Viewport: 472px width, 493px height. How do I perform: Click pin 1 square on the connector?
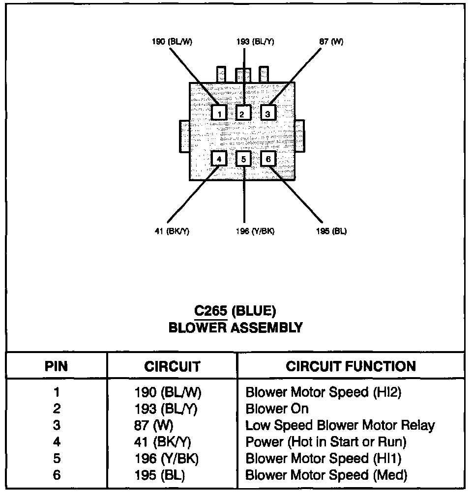pos(219,114)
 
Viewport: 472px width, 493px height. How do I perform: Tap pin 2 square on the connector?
pos(243,114)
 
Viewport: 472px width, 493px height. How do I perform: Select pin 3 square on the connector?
pos(268,114)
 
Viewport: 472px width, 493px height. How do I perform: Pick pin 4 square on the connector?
pos(219,159)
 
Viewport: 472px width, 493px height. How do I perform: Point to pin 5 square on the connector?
pos(244,159)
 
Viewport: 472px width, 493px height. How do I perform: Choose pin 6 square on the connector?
pos(268,159)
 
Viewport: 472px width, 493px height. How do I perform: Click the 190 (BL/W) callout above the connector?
pos(172,42)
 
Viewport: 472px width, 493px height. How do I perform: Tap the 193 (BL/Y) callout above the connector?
pos(255,42)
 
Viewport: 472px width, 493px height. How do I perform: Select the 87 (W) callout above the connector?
pos(331,42)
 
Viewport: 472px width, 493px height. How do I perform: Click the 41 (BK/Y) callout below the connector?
pos(172,232)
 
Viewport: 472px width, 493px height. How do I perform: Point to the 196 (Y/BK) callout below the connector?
pos(255,232)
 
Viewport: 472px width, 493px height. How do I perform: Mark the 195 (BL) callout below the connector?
pos(331,232)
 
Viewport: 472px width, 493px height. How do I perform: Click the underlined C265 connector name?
pos(211,311)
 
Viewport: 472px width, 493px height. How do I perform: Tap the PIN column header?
pos(57,366)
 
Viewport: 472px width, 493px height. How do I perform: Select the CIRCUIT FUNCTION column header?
pos(351,366)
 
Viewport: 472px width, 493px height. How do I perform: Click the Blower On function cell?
pos(277,409)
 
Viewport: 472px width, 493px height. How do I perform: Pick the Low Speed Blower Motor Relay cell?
pos(340,425)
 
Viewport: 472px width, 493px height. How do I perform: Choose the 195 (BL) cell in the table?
pos(160,475)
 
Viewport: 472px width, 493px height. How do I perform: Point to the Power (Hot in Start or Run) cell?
pos(325,442)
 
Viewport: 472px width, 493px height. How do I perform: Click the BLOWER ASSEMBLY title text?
pos(236,328)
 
